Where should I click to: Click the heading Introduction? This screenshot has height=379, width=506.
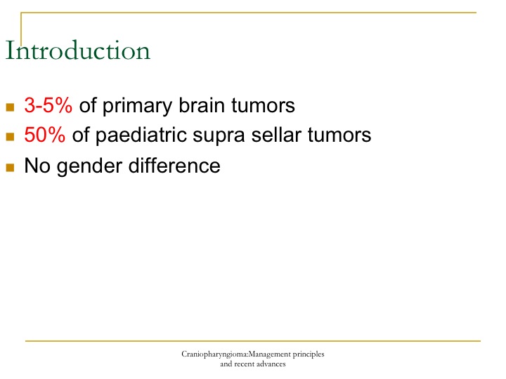(x=78, y=51)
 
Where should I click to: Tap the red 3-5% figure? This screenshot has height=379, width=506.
(x=48, y=105)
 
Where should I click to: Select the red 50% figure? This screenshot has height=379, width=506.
(x=44, y=134)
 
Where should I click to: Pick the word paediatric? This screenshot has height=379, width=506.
(x=141, y=135)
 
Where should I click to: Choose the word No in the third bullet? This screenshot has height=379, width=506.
(x=37, y=166)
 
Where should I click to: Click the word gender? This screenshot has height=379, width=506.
(x=89, y=167)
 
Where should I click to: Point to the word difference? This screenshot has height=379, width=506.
(x=174, y=166)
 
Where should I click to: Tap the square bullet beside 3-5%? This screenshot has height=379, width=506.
(x=10, y=107)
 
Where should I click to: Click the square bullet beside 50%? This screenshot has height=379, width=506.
(x=10, y=136)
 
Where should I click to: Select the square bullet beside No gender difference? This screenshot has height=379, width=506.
(x=10, y=168)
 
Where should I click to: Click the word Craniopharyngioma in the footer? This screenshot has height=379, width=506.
(x=214, y=354)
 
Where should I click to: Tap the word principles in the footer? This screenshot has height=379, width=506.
(x=309, y=354)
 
